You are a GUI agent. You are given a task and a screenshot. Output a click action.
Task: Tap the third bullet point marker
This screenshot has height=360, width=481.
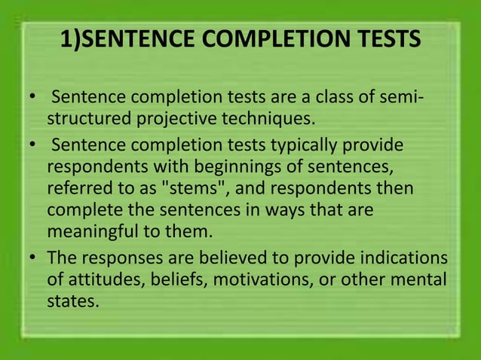pos(32,258)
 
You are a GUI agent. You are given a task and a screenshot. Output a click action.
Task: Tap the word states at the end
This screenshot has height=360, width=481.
pos(72,301)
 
